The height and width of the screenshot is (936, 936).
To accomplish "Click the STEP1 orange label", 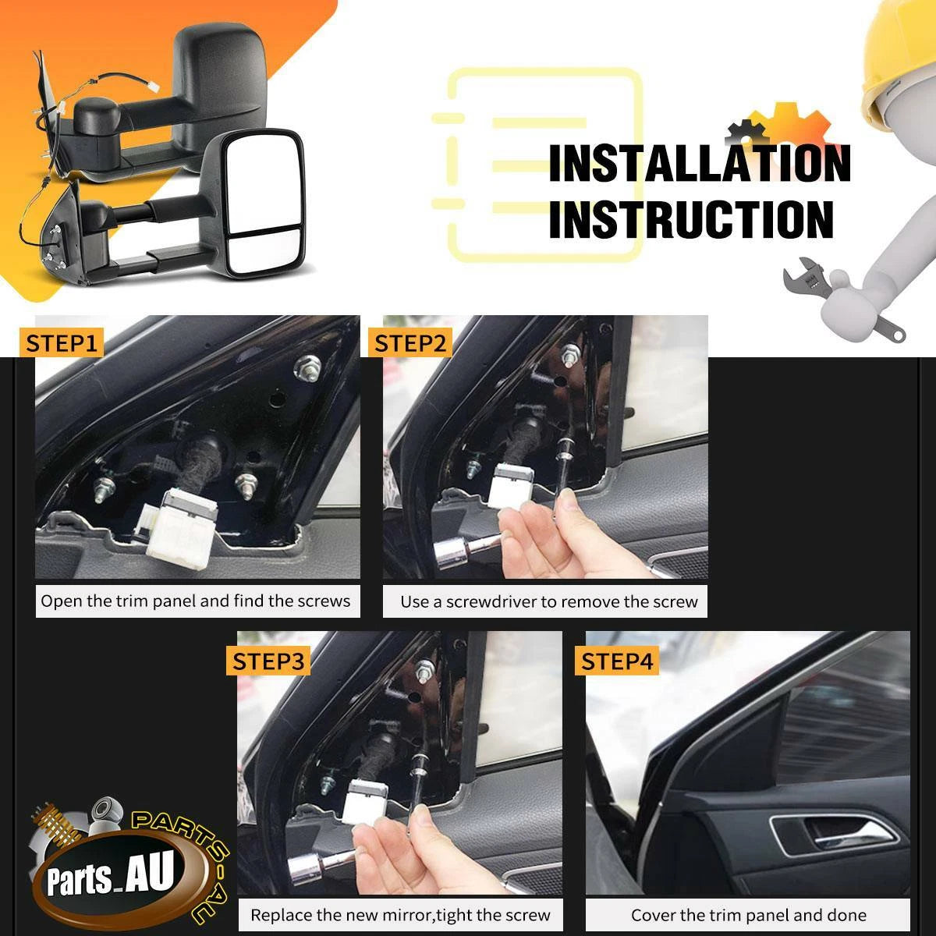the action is pos(61,343).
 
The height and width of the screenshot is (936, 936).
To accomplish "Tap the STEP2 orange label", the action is pos(410,343).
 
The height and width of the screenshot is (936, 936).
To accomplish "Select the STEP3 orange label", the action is pos(268,661).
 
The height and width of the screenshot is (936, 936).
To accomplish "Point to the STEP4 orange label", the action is pos(617,661).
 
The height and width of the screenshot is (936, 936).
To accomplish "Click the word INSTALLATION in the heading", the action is pos(700,164).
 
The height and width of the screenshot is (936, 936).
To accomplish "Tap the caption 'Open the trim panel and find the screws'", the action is pos(195,601).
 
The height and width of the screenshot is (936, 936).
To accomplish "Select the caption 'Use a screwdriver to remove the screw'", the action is pos(549,602).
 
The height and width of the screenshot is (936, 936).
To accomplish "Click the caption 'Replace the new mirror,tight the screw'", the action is pos(400,915).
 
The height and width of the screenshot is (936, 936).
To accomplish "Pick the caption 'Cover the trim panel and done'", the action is pos(749,915).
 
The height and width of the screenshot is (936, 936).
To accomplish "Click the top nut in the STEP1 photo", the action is pos(307,367).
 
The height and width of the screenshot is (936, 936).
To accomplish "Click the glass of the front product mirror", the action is pos(263,205).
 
